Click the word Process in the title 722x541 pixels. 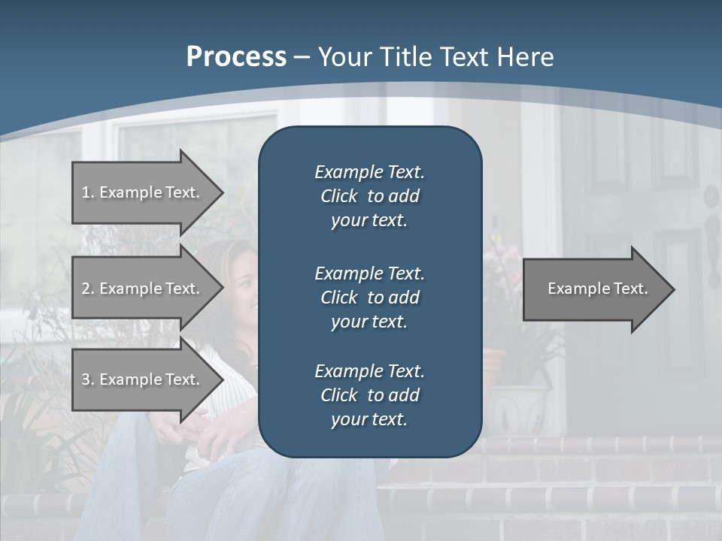(x=236, y=57)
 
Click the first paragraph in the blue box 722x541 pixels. (x=369, y=196)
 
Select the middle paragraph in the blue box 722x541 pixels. (x=369, y=297)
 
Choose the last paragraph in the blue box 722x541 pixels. (x=369, y=395)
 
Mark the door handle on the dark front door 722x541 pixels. (x=710, y=225)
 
